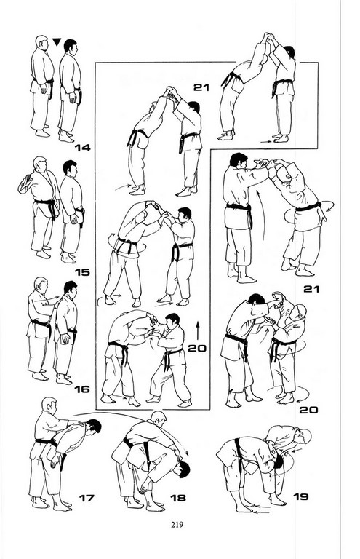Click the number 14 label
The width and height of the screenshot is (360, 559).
[82, 147]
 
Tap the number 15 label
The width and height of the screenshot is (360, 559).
[82, 272]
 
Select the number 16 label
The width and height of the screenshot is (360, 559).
[82, 389]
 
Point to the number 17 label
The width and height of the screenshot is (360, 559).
[87, 498]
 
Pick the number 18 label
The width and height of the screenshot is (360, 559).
[178, 498]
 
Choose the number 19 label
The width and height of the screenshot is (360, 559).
[300, 496]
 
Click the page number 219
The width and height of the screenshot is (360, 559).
[177, 524]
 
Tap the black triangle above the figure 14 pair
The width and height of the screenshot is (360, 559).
[57, 42]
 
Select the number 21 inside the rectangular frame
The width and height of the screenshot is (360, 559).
[201, 87]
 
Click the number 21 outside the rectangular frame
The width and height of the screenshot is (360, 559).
[311, 289]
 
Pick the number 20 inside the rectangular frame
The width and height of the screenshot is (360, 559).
[197, 348]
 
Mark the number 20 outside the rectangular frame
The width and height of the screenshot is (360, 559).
[308, 410]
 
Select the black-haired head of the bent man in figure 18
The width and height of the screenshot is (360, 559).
[183, 468]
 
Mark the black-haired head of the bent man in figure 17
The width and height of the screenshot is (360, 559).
[93, 426]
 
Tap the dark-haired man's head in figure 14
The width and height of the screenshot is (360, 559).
[70, 47]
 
